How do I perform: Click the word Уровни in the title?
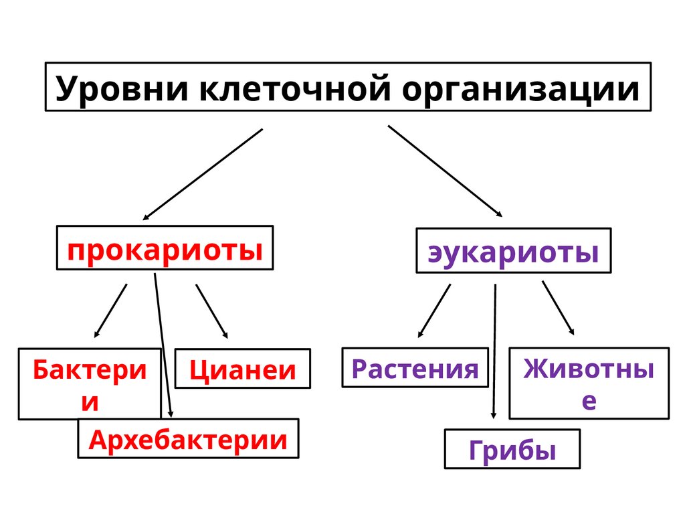click(120, 89)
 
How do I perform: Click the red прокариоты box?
click(165, 248)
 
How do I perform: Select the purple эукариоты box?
click(513, 252)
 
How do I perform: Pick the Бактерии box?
click(89, 383)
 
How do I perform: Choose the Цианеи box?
click(242, 369)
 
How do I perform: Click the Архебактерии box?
click(188, 439)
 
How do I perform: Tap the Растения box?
click(415, 368)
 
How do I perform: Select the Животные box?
click(589, 383)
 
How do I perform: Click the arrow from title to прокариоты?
click(203, 174)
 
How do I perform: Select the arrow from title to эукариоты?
click(445, 171)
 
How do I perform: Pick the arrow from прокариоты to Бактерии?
click(110, 310)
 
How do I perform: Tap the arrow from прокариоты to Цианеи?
click(211, 311)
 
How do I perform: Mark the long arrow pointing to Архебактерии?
click(163, 341)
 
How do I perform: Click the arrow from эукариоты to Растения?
click(434, 310)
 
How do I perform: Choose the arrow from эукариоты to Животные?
click(558, 307)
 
